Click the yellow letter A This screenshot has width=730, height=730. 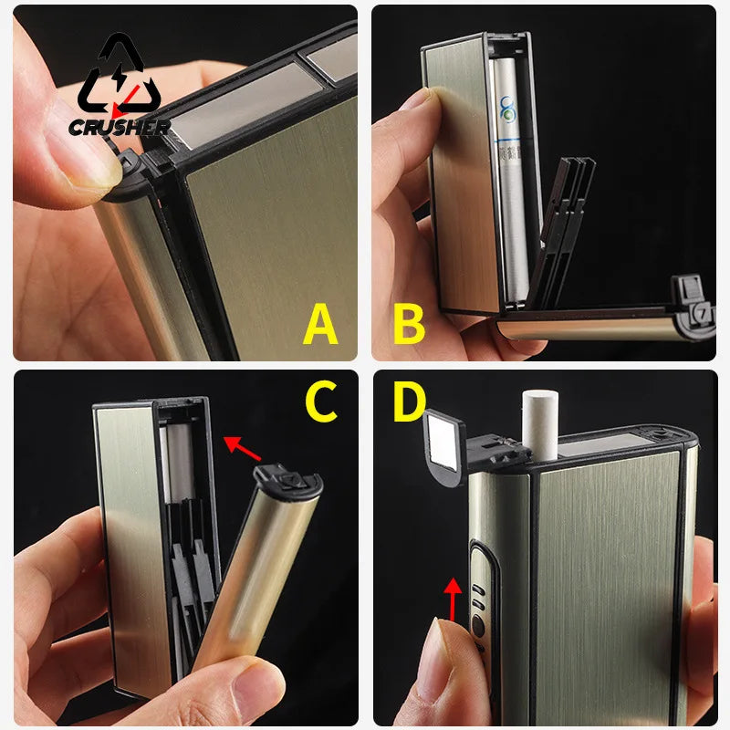tap(319, 324)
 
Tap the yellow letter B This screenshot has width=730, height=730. tap(410, 324)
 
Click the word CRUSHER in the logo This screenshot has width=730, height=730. tap(119, 127)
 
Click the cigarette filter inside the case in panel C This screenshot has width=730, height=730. tap(179, 465)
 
